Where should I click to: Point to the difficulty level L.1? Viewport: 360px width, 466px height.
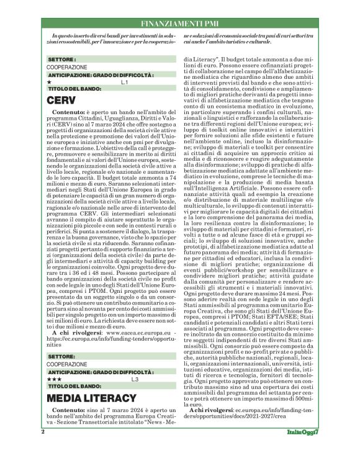[124, 81]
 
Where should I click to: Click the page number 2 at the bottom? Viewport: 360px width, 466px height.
[43, 448]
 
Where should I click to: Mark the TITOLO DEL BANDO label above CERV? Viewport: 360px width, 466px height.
[71, 89]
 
